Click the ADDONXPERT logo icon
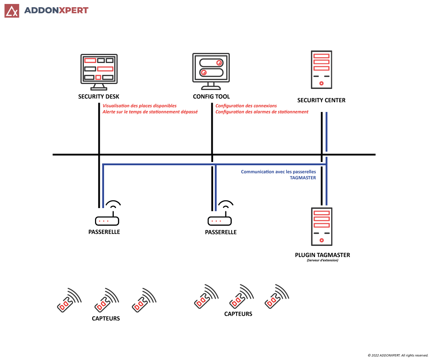click(x=12, y=11)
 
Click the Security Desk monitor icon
click(x=99, y=71)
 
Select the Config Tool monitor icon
click(x=211, y=71)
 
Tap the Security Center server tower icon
click(x=321, y=69)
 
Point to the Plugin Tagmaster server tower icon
click(x=321, y=226)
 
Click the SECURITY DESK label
click(x=99, y=96)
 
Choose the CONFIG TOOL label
click(x=211, y=96)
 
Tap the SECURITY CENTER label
click(x=321, y=100)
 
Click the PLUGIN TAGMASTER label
click(x=322, y=255)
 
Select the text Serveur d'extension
click(x=322, y=260)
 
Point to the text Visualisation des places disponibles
click(x=140, y=106)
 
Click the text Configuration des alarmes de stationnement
click(x=262, y=112)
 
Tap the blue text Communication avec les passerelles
click(x=278, y=172)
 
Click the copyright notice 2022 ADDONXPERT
click(x=397, y=355)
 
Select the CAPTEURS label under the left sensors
click(x=106, y=318)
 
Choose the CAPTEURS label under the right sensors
click(x=238, y=314)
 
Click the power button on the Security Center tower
click(x=321, y=84)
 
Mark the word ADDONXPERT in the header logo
click(x=56, y=10)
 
